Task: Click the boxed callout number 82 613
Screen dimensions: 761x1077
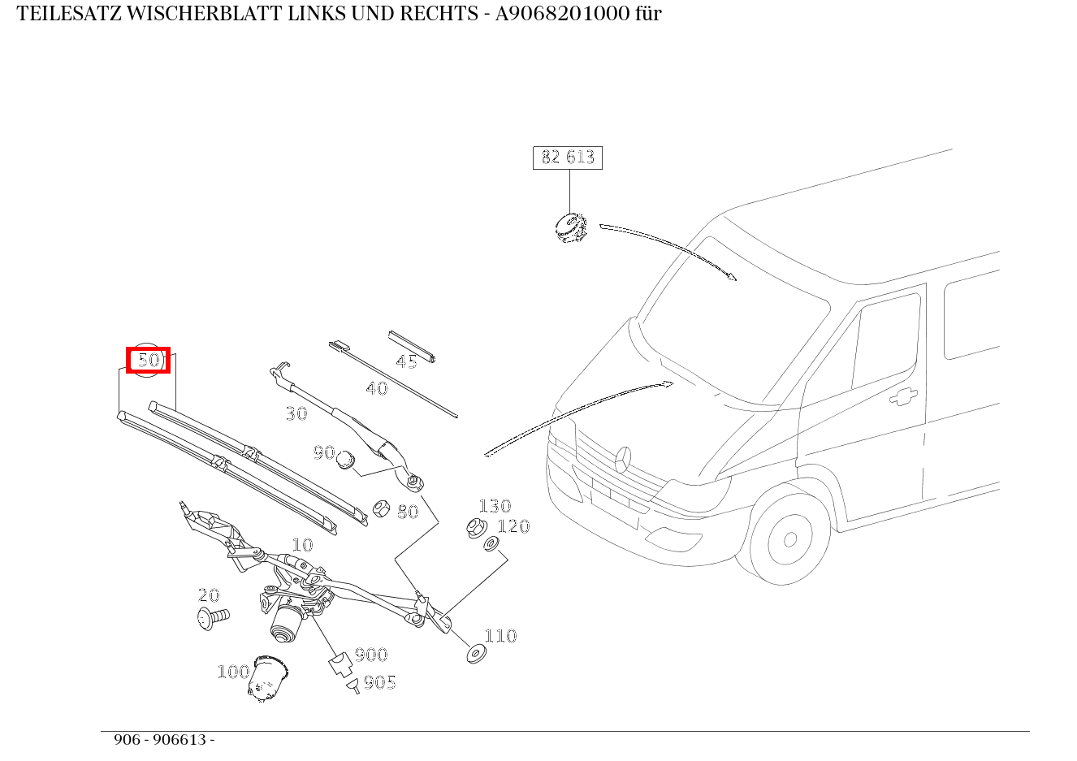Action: (x=568, y=157)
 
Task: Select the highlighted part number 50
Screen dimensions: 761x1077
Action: (x=149, y=360)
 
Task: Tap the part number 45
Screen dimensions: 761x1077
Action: (x=406, y=362)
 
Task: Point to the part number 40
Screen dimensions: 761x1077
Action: (x=376, y=389)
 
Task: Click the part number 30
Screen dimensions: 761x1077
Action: (x=296, y=414)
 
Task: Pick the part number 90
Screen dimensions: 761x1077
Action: (x=324, y=452)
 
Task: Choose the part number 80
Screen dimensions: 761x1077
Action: (x=408, y=512)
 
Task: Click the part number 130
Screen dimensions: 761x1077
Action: (x=495, y=507)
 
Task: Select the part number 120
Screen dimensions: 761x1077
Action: (x=513, y=526)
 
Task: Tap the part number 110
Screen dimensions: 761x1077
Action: (x=500, y=636)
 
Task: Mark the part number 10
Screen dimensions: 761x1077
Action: (x=302, y=545)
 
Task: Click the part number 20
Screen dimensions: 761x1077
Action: (x=209, y=595)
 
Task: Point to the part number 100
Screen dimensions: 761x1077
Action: (x=233, y=672)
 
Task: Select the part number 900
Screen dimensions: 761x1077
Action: (x=371, y=655)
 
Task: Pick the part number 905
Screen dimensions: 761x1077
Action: (x=379, y=682)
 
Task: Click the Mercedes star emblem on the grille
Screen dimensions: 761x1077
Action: (x=623, y=459)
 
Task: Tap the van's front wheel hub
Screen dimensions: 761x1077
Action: (x=789, y=539)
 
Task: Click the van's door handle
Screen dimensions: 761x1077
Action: (x=902, y=396)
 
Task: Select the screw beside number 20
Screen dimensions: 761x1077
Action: (x=213, y=618)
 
